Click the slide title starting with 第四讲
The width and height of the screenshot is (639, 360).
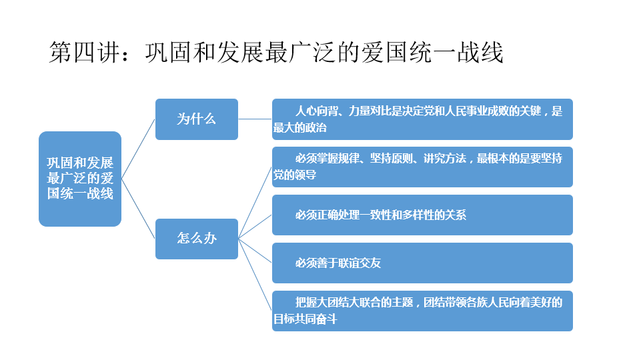276,52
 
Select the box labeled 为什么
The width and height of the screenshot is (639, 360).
196,119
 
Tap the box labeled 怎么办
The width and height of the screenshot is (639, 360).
196,239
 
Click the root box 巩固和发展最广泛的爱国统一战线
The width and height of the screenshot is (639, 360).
80,179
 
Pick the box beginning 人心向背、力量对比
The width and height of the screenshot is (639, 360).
422,119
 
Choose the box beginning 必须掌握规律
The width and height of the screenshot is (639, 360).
422,167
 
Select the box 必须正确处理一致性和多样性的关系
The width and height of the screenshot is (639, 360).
422,215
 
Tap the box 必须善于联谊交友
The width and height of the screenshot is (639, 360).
422,263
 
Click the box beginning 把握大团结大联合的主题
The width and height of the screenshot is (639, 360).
422,311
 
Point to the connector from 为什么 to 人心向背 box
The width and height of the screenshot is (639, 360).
255,119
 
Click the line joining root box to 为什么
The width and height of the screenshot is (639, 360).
138,149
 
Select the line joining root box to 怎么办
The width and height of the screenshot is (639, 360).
138,209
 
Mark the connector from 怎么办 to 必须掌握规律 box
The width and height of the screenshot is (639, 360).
255,203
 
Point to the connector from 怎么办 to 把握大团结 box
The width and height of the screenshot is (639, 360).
255,275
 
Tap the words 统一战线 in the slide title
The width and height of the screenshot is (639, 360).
456,53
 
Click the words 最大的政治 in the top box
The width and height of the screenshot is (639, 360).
300,128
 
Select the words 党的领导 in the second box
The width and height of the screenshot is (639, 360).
295,175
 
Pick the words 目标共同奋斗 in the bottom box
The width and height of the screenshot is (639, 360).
305,319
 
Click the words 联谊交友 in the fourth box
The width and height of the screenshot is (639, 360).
360,263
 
